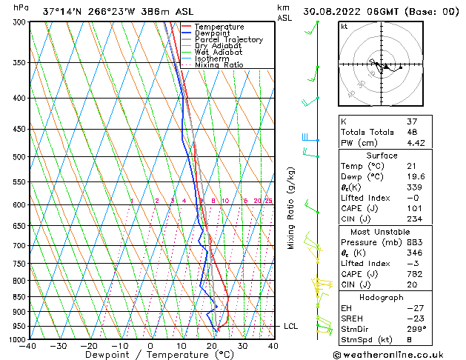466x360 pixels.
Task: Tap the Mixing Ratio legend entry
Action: point(219,64)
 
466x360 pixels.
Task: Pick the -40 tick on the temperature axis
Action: point(28,346)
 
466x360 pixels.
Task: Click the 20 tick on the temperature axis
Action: point(212,346)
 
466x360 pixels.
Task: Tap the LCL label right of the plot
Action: point(290,326)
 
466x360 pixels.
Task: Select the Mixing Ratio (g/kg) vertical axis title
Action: point(291,207)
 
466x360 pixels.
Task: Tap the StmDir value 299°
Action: point(397,329)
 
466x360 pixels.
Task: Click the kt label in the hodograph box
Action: point(344,26)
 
